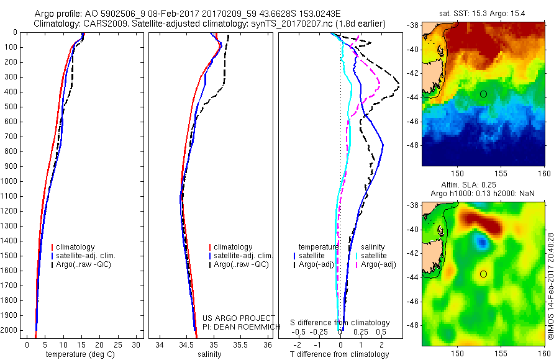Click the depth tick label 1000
click(11, 181)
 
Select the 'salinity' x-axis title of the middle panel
click(209, 354)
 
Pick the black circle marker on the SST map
click(483, 94)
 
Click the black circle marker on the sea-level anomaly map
click(483, 274)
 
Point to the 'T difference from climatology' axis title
click(339, 354)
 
